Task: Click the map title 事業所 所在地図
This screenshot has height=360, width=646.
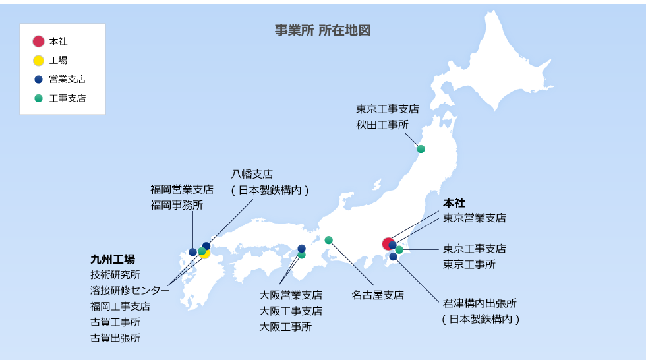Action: (x=322, y=31)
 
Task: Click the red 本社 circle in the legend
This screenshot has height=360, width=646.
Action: (x=38, y=42)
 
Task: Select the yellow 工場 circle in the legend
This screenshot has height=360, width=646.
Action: (x=38, y=61)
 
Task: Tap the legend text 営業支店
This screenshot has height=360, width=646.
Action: (x=67, y=79)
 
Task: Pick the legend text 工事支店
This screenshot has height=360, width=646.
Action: (x=67, y=98)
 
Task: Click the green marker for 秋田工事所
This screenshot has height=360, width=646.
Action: (x=421, y=149)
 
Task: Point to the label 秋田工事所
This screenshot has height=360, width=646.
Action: (x=382, y=125)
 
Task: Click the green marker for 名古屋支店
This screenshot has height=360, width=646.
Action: (x=328, y=240)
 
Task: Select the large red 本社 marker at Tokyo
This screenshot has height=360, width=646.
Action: (x=388, y=243)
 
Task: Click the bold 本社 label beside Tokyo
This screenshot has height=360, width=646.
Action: (x=454, y=202)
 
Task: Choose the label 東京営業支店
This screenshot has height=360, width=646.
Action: (x=475, y=218)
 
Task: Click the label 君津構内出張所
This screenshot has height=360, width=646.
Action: (x=480, y=303)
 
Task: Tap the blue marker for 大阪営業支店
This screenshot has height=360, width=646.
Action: (x=301, y=249)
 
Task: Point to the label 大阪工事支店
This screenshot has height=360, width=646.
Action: (x=291, y=311)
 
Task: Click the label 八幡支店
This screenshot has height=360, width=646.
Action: (x=252, y=174)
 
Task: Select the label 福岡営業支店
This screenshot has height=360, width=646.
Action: (x=182, y=189)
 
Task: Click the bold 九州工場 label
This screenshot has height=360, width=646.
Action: (x=113, y=258)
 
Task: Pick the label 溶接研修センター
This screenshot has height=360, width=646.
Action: (x=130, y=290)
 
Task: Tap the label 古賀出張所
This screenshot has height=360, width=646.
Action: (x=115, y=338)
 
